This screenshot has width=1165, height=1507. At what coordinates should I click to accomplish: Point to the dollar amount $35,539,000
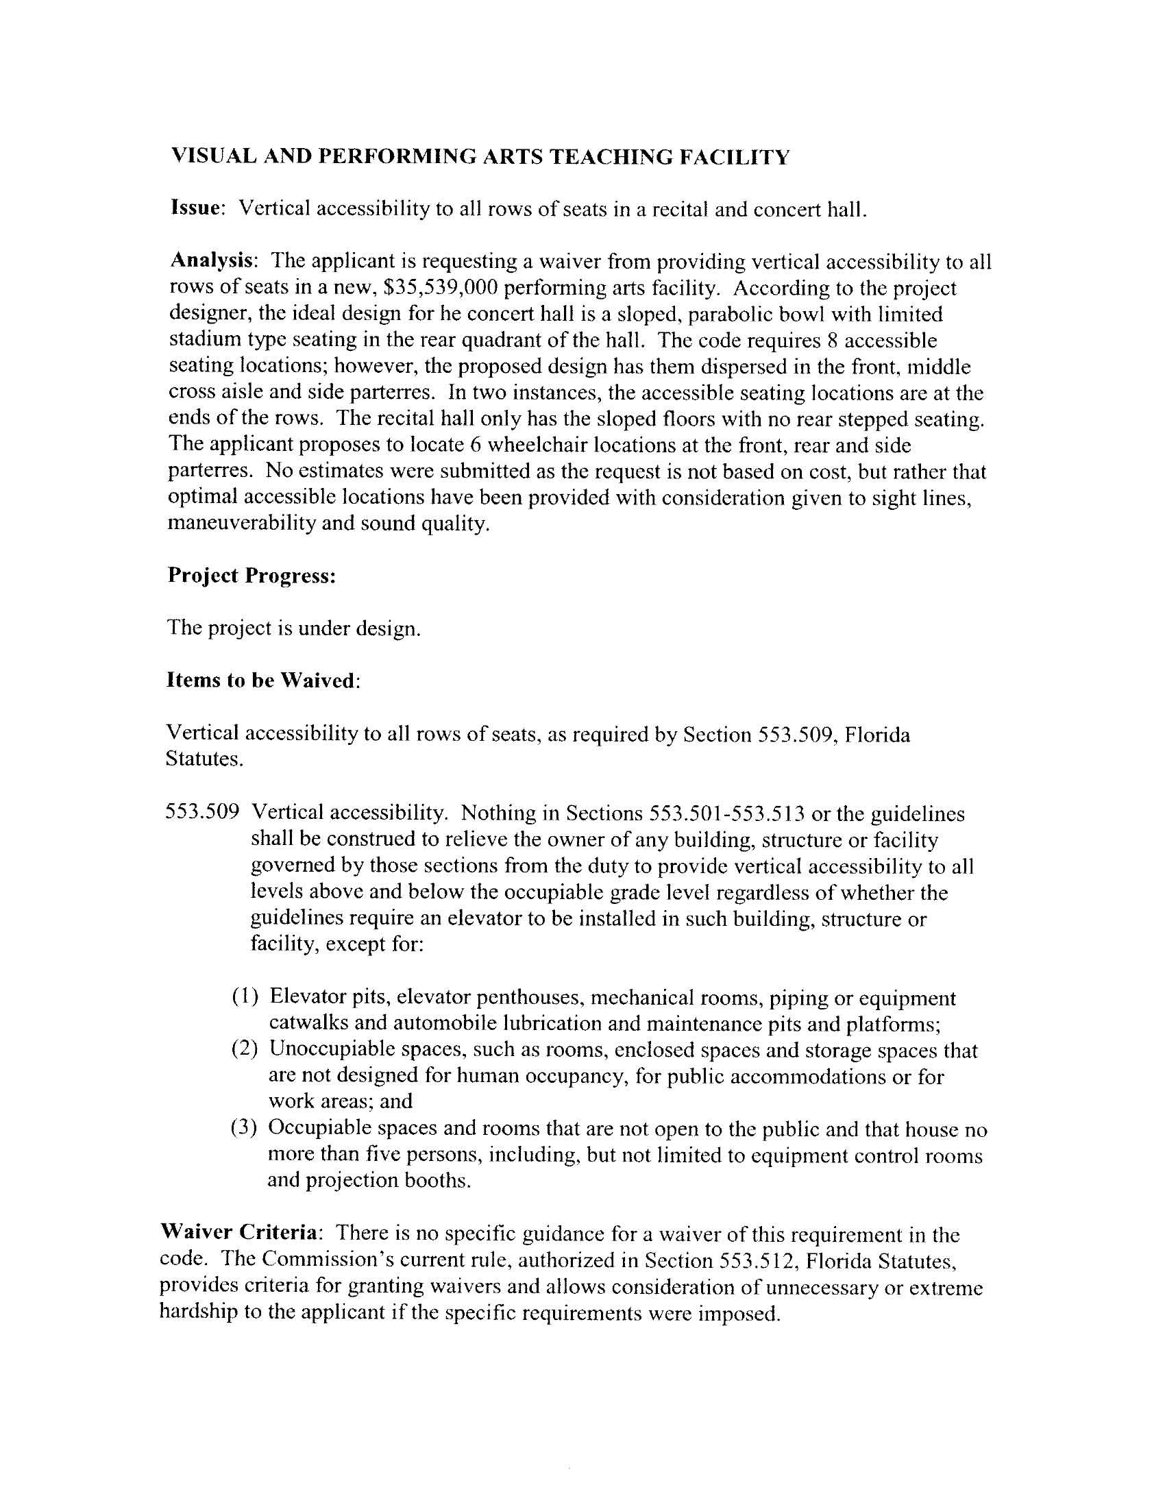click(x=441, y=288)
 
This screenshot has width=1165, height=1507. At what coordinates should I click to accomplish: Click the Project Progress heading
click(x=252, y=576)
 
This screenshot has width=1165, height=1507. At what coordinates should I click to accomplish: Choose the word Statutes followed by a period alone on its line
click(x=204, y=759)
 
